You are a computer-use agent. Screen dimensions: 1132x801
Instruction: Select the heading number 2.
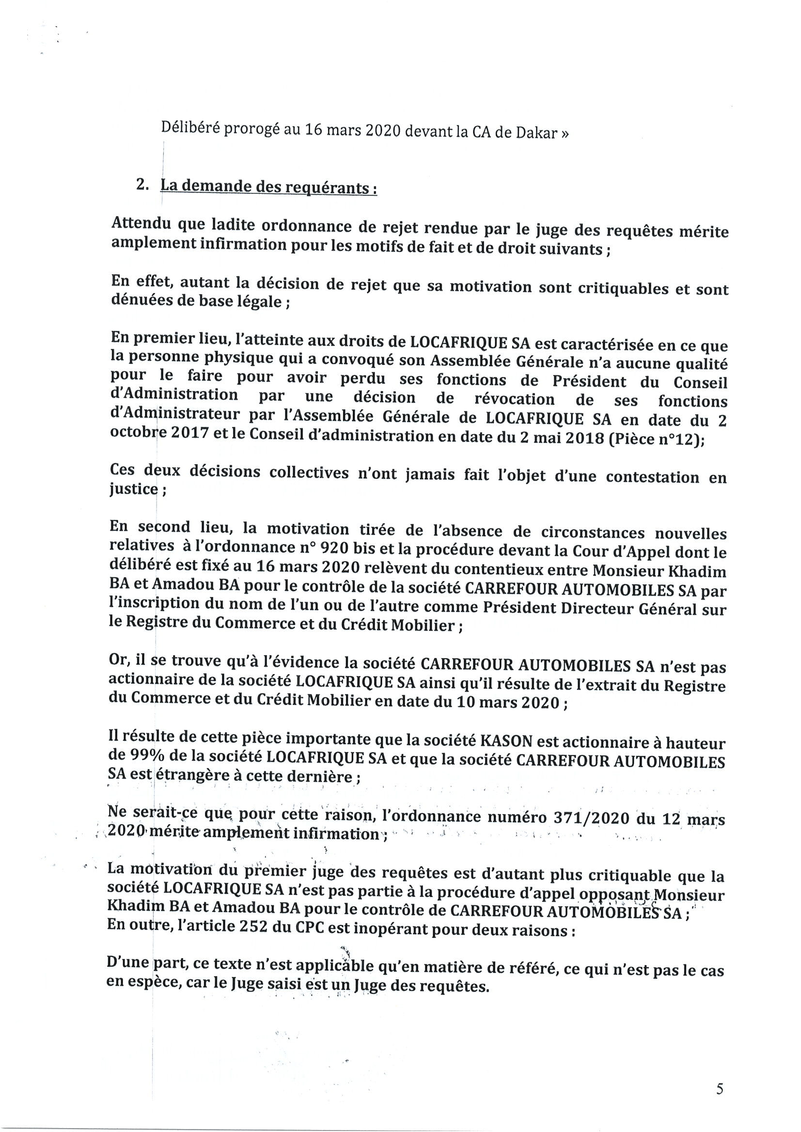coord(142,185)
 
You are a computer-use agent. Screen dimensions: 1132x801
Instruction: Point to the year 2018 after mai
coord(583,439)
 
